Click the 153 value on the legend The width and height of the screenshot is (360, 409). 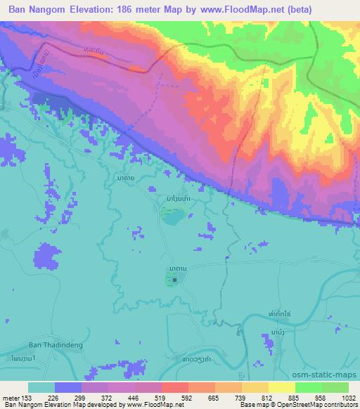point(27,397)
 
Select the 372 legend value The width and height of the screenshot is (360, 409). point(108,397)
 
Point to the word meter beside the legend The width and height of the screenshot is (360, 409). point(11,397)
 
